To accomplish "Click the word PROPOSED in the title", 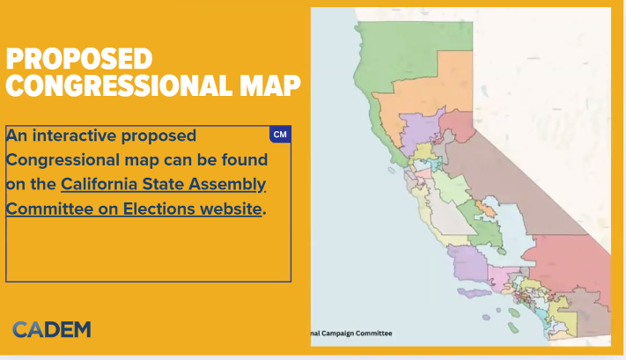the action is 79,59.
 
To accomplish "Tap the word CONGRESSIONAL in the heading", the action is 119,85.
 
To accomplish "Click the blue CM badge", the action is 280,135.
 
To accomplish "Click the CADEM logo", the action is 52,330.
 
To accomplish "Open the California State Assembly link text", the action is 163,184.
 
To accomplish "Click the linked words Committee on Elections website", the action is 134,209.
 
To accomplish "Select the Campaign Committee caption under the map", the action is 351,334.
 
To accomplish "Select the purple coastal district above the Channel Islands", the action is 468,263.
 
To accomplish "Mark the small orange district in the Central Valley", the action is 484,209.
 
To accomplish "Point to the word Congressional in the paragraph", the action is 63,160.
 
